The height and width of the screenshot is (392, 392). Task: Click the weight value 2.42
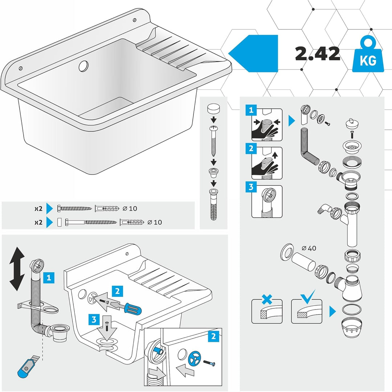pos(318,53)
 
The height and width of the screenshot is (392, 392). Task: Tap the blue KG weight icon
pos(368,54)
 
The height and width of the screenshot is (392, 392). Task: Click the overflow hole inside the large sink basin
pos(83,66)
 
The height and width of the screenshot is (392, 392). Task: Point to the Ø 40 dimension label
pos(309,248)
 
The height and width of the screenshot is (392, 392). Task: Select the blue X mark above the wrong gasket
pos(267,299)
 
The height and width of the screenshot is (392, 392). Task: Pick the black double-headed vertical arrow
pos(17,269)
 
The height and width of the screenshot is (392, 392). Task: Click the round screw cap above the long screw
pos(213,109)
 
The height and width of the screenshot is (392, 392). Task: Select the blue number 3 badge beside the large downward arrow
pos(94,319)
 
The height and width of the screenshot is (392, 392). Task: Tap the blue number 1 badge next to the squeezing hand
pos(251,110)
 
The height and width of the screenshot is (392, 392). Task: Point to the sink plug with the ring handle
pos(351,124)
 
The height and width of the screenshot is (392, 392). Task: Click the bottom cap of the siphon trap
pos(351,327)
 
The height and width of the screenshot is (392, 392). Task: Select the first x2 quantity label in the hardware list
pos(38,209)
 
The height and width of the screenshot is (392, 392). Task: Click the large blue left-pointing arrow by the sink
pos(253,53)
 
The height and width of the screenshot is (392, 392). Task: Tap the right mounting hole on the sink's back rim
pos(135,20)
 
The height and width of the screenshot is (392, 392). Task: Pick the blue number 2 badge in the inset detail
pos(214,336)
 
